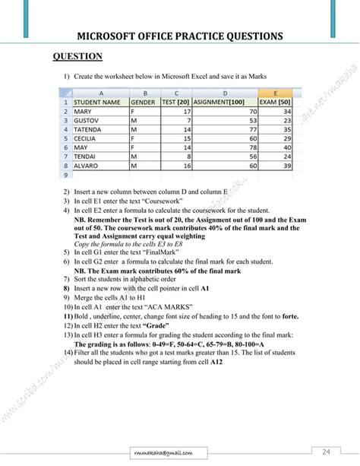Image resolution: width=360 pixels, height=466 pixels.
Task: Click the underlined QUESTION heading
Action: tap(77, 57)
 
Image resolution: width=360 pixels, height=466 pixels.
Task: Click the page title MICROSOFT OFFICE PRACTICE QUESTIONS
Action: tap(180, 36)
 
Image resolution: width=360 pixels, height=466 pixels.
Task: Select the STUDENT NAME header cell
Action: tap(96, 101)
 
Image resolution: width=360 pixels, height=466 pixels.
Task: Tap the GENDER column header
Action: tap(144, 101)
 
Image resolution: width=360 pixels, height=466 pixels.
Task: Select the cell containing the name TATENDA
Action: tap(88, 130)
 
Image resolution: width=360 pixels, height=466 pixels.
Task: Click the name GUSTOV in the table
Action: tap(87, 120)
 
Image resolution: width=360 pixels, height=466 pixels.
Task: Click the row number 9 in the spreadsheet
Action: tap(66, 173)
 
